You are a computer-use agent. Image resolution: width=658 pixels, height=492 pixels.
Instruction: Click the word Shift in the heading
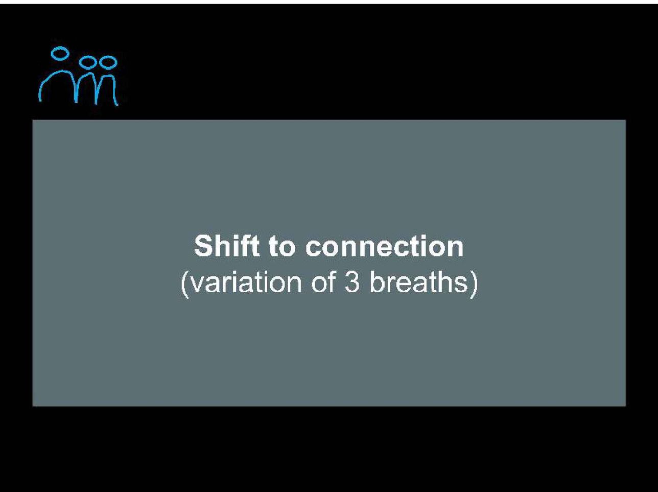coord(227,246)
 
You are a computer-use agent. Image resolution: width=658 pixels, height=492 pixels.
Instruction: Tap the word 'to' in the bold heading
coord(282,247)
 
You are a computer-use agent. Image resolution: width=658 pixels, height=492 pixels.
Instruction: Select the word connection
coord(384,247)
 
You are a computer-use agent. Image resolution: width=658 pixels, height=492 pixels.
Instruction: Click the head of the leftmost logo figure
coord(60,53)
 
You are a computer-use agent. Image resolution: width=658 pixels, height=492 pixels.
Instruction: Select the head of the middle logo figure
coord(88,62)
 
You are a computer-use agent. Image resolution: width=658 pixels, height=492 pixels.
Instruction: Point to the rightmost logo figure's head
coord(108,62)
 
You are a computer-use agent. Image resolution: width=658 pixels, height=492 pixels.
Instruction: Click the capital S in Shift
coord(203,246)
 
